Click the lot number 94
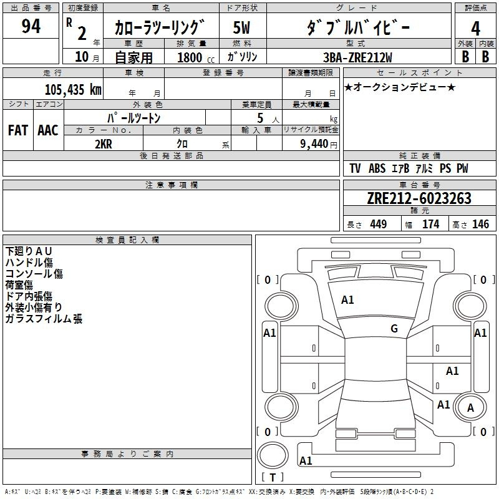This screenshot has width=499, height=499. (x=31, y=26)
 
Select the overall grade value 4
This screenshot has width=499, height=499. (x=475, y=29)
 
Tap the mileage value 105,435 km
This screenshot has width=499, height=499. (x=73, y=89)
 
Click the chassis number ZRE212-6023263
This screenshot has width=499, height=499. (x=419, y=198)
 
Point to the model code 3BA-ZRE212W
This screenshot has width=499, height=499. (x=357, y=57)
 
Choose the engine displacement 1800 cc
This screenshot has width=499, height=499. (x=196, y=57)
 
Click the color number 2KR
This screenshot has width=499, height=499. (x=104, y=144)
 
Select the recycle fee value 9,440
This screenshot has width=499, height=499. (x=314, y=144)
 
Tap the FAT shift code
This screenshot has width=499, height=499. (x=18, y=130)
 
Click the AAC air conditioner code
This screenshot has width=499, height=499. (x=48, y=130)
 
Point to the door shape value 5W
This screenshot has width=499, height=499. (x=241, y=27)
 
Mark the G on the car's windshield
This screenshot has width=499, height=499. (x=394, y=329)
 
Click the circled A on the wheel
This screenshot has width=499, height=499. (x=470, y=408)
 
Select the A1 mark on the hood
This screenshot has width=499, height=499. (x=347, y=300)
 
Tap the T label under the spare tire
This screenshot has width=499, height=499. (x=273, y=477)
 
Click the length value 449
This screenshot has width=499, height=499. (x=379, y=225)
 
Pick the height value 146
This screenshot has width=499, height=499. (x=480, y=225)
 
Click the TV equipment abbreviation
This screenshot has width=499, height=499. (x=355, y=168)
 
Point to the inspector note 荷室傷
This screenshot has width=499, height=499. (x=19, y=285)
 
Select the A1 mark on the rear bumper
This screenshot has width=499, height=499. (x=306, y=460)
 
